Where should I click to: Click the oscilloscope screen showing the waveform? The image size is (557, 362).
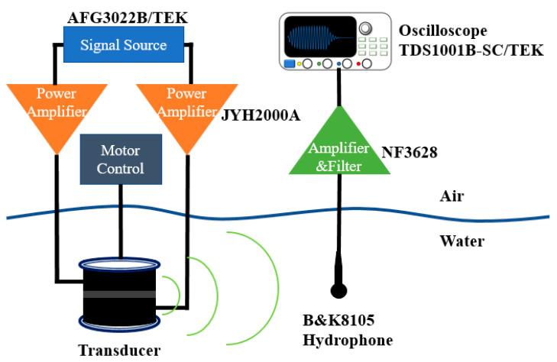coord(320,37)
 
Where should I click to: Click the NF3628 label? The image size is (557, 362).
coord(409,152)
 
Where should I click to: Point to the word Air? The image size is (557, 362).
coord(452,196)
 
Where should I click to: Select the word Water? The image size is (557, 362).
coord(460,242)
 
